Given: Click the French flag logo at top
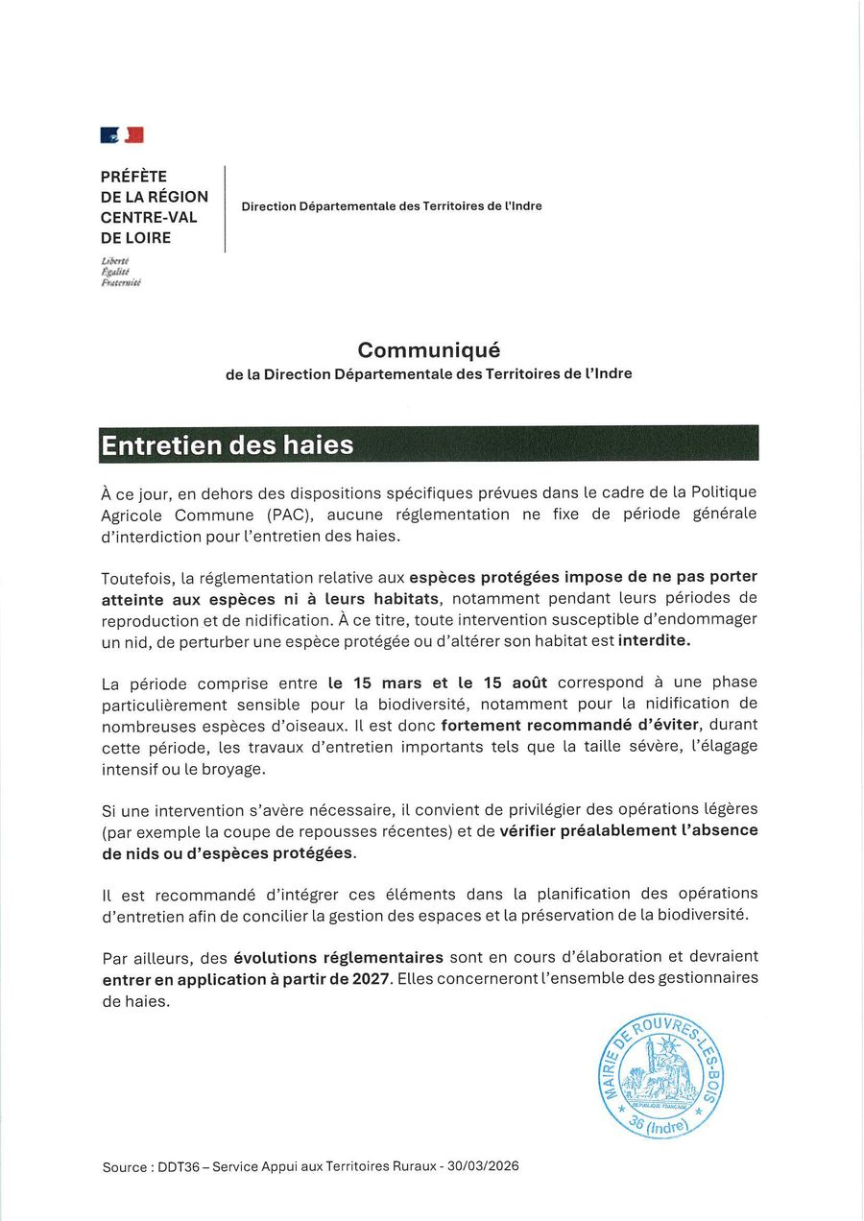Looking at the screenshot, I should (x=122, y=135).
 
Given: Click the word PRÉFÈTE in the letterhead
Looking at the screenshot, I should (x=133, y=177).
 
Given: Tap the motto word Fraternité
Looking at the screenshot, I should (x=121, y=284).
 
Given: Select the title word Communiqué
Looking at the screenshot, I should (x=429, y=350).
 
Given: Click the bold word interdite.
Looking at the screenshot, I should (x=655, y=640).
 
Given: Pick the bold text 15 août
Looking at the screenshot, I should (x=516, y=682).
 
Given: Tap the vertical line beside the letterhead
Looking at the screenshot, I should (x=225, y=208).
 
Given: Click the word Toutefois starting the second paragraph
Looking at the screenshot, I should (x=138, y=577).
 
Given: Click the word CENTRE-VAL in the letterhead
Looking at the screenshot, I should (x=149, y=217).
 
